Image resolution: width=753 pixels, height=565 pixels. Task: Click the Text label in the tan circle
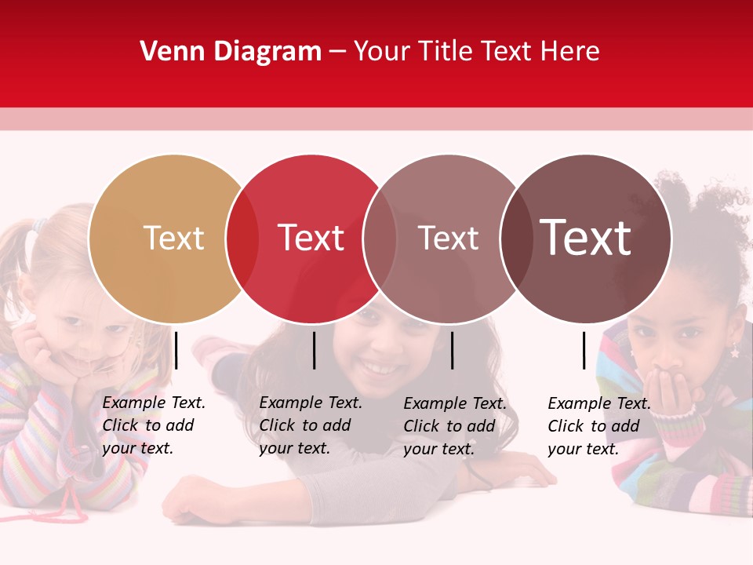[x=173, y=238]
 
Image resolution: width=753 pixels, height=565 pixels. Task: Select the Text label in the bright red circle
[x=311, y=238]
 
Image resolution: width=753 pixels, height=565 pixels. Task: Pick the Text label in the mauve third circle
[x=448, y=238]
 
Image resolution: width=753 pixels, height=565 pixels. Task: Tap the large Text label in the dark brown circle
[x=585, y=238]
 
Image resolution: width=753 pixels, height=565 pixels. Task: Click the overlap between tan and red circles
[x=242, y=239]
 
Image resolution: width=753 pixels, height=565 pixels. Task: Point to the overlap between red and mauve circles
[x=380, y=239]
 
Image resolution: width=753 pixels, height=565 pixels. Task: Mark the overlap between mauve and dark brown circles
[x=516, y=239]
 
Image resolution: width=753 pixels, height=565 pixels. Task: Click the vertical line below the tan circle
[x=176, y=350]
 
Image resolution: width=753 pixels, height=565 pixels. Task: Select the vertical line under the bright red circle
[x=314, y=350]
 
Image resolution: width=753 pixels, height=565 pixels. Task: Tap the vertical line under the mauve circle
[x=452, y=350]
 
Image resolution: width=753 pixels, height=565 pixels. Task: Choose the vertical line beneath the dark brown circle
[x=584, y=350]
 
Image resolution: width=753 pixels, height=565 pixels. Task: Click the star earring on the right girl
[x=734, y=352]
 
